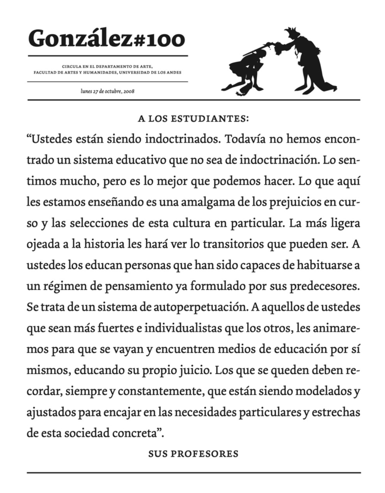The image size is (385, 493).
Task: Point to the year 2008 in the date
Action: [x=129, y=92]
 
